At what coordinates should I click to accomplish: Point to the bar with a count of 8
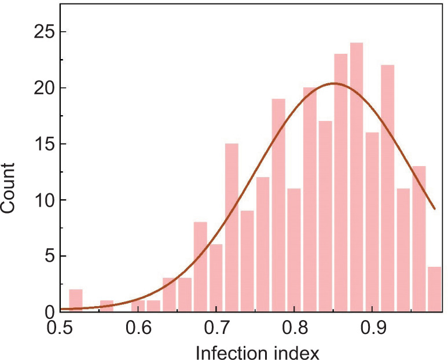[200, 267]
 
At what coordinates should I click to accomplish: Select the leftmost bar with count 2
[75, 300]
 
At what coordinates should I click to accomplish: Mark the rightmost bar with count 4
[434, 289]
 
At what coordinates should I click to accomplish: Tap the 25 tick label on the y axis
[41, 32]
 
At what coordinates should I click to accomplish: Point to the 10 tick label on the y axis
[41, 200]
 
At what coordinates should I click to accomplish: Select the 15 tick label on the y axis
[41, 144]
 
